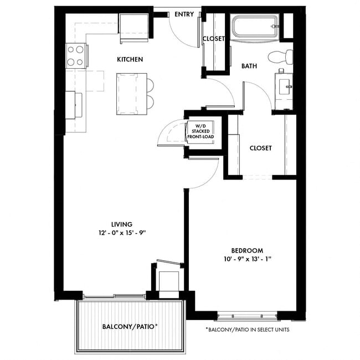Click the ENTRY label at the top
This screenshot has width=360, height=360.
click(184, 14)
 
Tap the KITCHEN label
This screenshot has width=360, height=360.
click(130, 59)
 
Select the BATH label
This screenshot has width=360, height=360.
click(249, 66)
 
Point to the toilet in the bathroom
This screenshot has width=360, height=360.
click(280, 56)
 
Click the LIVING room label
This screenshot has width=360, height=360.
click(122, 224)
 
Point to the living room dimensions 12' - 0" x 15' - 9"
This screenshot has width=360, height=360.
click(122, 233)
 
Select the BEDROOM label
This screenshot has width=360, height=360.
click(248, 250)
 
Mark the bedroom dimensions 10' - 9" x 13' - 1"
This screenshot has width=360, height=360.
click(248, 259)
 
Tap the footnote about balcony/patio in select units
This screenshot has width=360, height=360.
click(247, 330)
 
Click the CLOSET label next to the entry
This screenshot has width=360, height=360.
click(214, 39)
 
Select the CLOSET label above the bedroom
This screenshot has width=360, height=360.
click(260, 148)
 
